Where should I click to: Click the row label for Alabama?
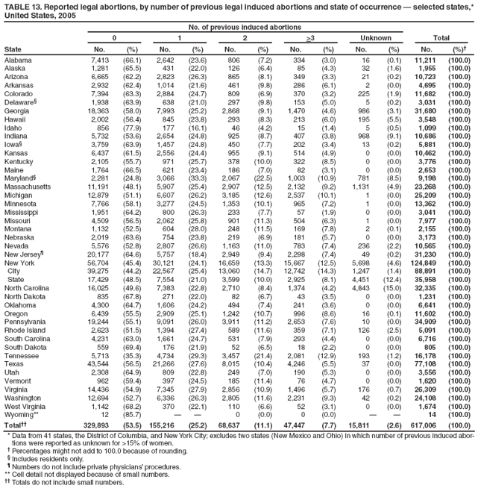(x=19, y=60)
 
